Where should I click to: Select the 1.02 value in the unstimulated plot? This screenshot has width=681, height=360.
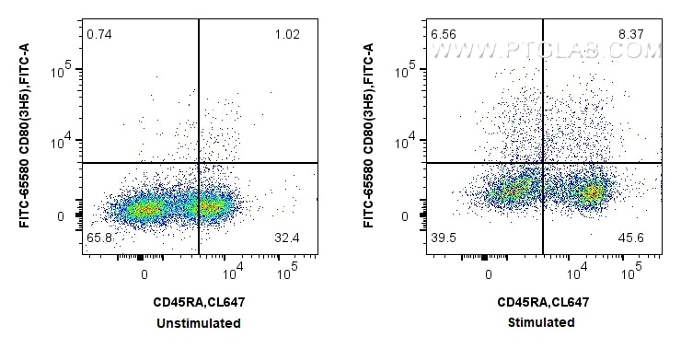coord(286,35)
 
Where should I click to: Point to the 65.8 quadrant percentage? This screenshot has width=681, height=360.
coord(98,238)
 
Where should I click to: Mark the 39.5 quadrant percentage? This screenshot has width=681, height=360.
coord(443,238)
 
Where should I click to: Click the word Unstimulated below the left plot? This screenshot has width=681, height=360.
coord(199,323)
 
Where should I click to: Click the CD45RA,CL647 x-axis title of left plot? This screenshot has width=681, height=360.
coord(199,302)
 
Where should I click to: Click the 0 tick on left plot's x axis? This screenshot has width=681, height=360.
coord(144,274)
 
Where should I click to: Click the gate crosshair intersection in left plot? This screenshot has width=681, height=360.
coord(199,163)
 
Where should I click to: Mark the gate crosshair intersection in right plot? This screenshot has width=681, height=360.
coord(543,163)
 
